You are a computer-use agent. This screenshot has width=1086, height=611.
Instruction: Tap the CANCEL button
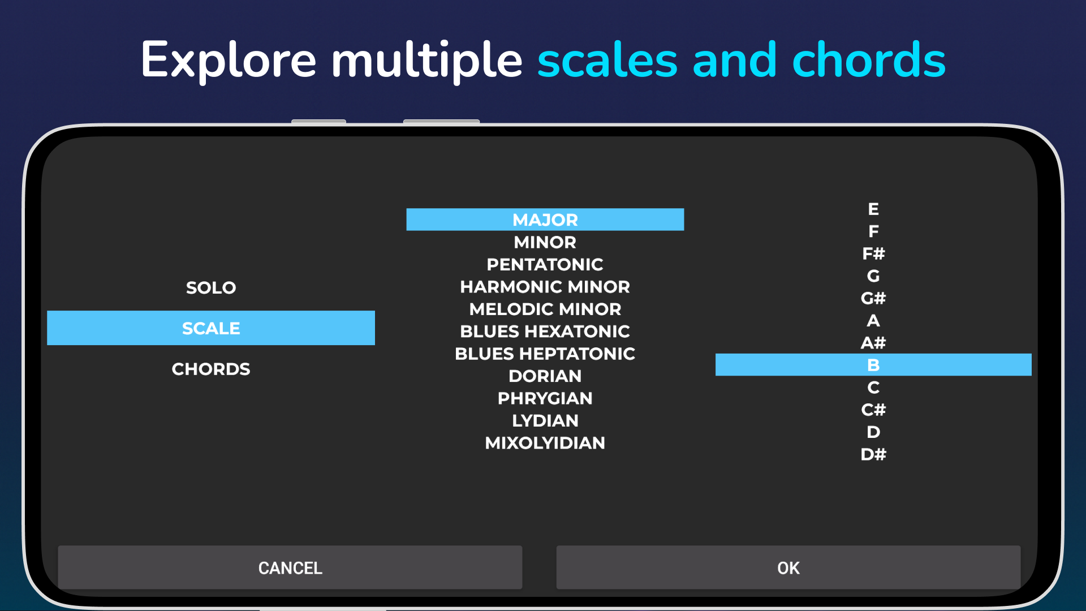(x=290, y=567)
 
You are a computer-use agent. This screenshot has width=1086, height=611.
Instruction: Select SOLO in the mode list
(x=211, y=287)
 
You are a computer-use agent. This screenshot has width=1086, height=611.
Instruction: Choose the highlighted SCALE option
(x=211, y=328)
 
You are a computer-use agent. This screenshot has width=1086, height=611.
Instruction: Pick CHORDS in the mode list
(x=211, y=369)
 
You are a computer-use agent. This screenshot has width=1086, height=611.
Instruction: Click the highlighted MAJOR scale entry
(x=545, y=220)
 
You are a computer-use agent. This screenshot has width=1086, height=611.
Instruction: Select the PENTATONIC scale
(x=545, y=264)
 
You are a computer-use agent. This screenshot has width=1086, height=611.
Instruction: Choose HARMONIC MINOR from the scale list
(x=545, y=287)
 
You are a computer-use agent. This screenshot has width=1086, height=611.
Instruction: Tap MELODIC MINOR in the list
(x=545, y=309)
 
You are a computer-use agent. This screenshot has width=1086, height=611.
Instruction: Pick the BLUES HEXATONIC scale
(x=545, y=331)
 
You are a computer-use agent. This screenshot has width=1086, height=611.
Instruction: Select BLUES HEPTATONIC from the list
(x=545, y=354)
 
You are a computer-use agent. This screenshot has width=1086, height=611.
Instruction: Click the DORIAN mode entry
(x=545, y=376)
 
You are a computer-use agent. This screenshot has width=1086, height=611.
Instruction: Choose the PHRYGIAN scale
(x=545, y=398)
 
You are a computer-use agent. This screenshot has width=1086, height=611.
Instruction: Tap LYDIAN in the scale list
(x=545, y=420)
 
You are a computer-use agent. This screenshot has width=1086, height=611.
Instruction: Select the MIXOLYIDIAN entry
(x=545, y=442)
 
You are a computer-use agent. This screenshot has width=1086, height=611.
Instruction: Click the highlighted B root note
(x=873, y=365)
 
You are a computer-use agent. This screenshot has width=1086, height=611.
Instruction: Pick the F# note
(x=873, y=253)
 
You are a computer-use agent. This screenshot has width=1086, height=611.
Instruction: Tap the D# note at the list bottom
(x=873, y=454)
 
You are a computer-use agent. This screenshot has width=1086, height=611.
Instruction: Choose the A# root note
(x=873, y=343)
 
